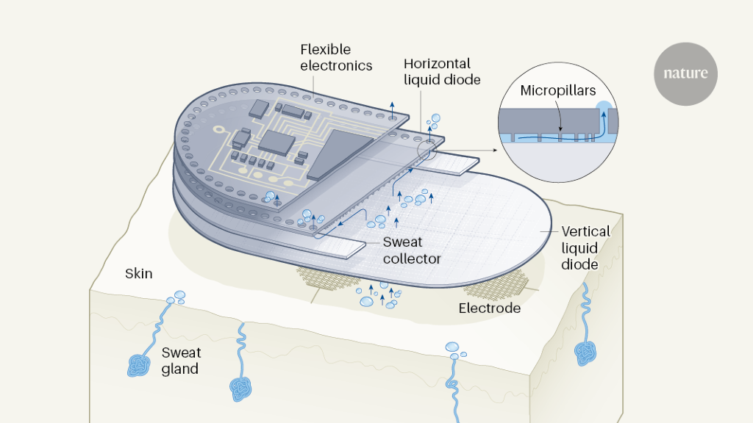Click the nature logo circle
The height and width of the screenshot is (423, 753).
coord(685,73)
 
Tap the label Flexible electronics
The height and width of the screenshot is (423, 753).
coord(336,58)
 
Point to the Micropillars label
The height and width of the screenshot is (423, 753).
coord(557,91)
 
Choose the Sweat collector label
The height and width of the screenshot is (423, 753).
coord(412,250)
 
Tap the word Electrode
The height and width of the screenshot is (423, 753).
coord(489,308)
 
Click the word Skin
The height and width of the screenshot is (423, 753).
coord(138,274)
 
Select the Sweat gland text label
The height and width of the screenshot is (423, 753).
coord(180,361)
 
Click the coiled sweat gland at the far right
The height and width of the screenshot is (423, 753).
coord(588,352)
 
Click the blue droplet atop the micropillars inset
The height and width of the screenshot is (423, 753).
coord(604,107)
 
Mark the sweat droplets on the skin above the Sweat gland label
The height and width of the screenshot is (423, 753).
coord(176,297)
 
